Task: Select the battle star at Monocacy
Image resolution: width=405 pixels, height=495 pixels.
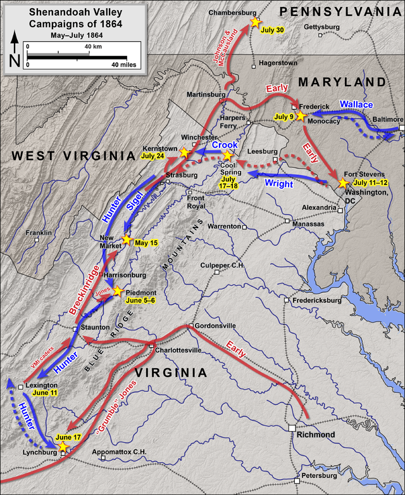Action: pyautogui.click(x=300, y=117)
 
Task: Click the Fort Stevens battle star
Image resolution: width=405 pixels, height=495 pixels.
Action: pyautogui.click(x=343, y=183)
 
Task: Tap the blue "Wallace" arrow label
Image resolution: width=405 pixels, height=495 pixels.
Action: pyautogui.click(x=356, y=104)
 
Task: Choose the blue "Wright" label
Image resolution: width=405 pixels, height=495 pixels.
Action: pyautogui.click(x=278, y=184)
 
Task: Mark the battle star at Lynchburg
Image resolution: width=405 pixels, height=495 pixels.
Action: pyautogui.click(x=62, y=447)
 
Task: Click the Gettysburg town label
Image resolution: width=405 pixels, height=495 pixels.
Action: pyautogui.click(x=321, y=27)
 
